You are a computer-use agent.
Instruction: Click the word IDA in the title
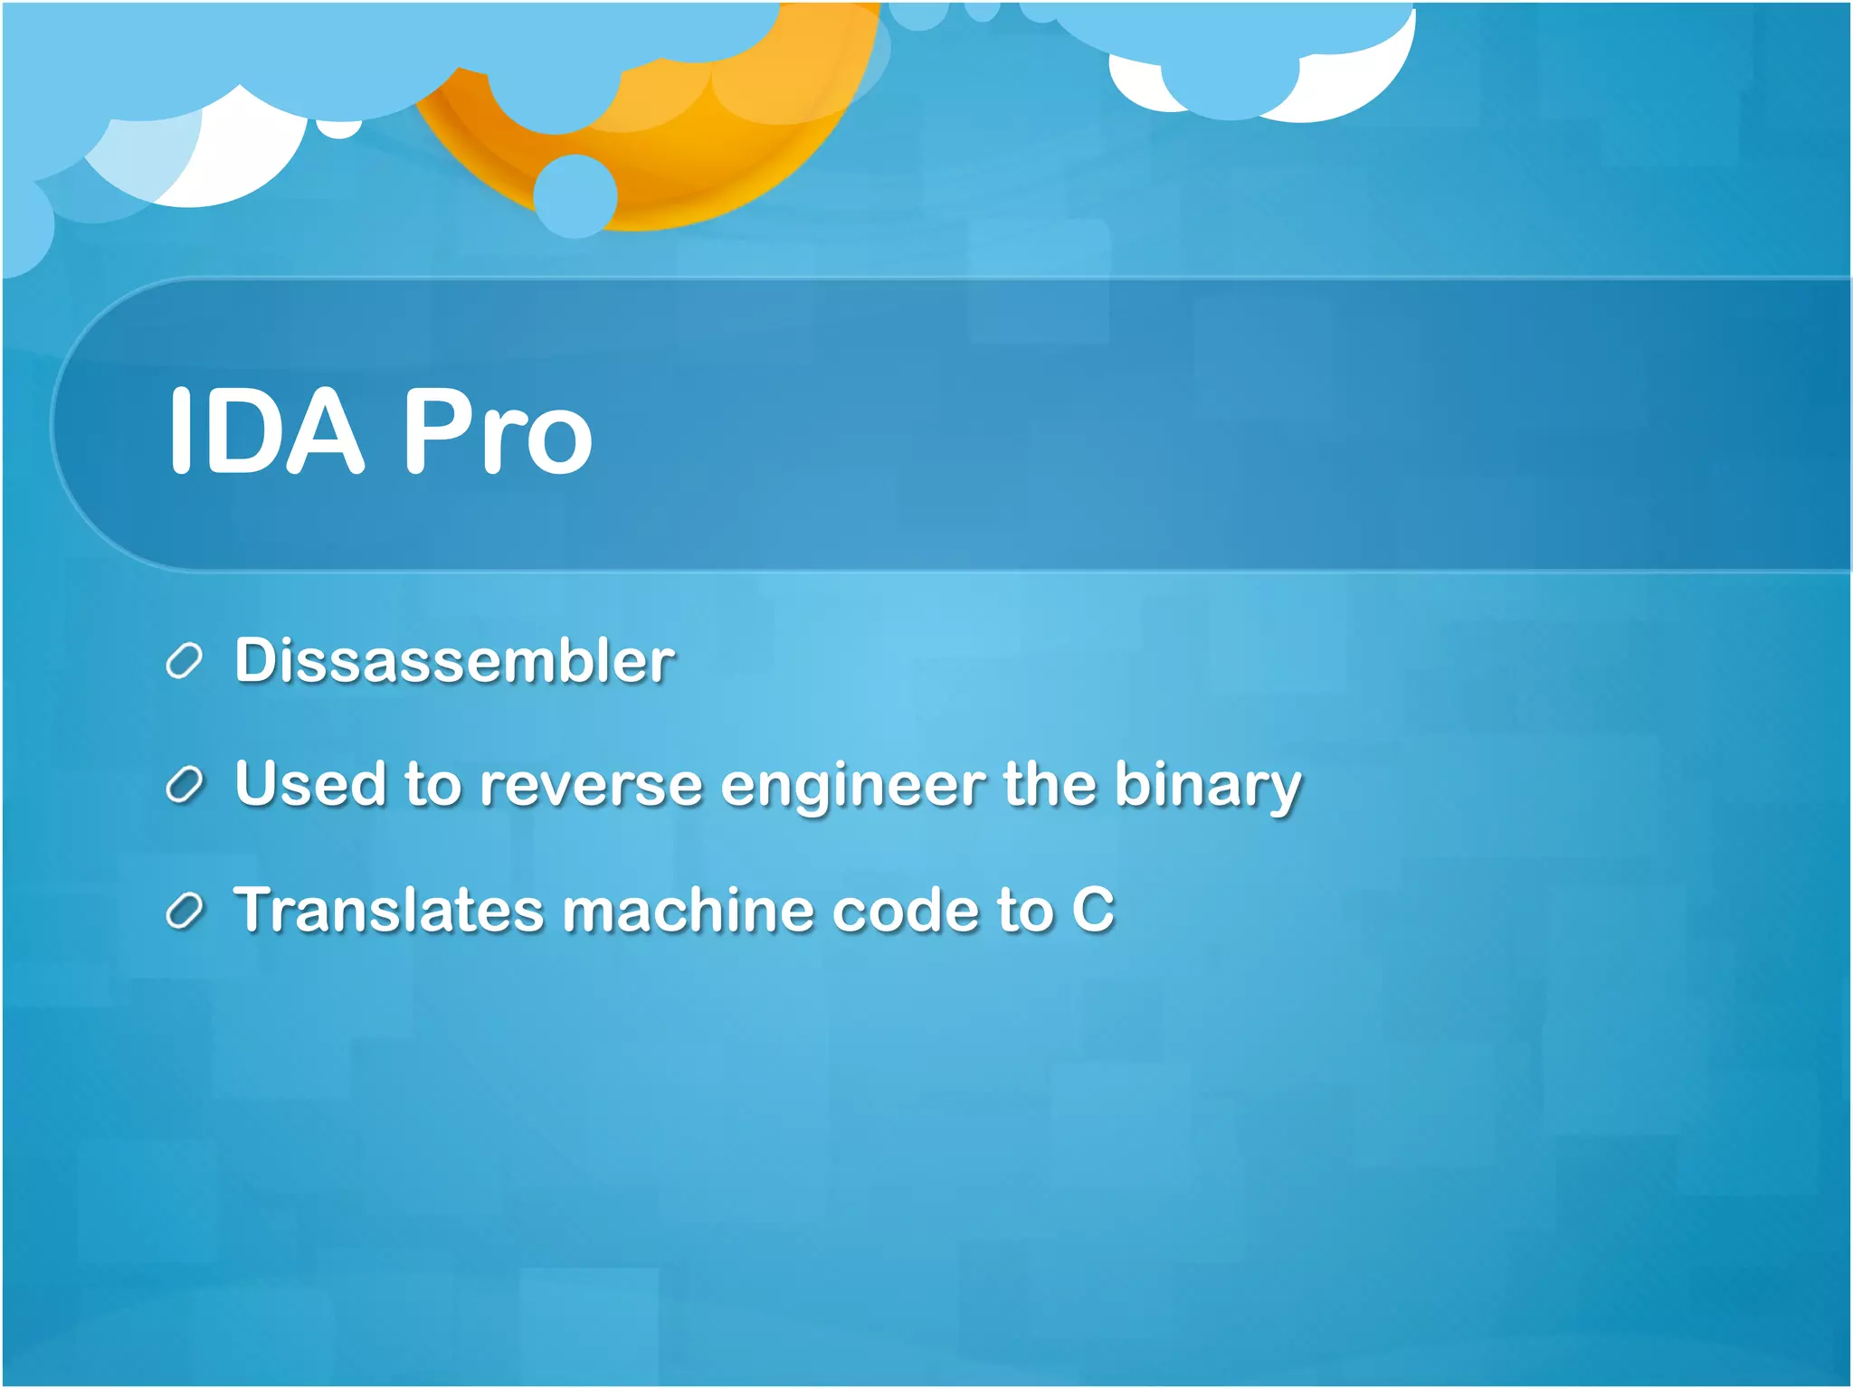[266, 430]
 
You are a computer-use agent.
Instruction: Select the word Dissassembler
[454, 660]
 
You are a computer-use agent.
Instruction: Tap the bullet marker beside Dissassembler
[184, 662]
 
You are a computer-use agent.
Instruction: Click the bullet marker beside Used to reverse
[184, 786]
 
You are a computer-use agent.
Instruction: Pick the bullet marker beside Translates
[184, 912]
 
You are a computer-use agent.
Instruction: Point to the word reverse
[590, 785]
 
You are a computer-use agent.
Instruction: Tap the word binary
[1207, 785]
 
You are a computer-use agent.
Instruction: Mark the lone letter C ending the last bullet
[1093, 910]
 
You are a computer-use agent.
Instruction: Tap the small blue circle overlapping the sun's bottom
[575, 195]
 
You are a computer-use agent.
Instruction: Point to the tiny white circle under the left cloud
[339, 129]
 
